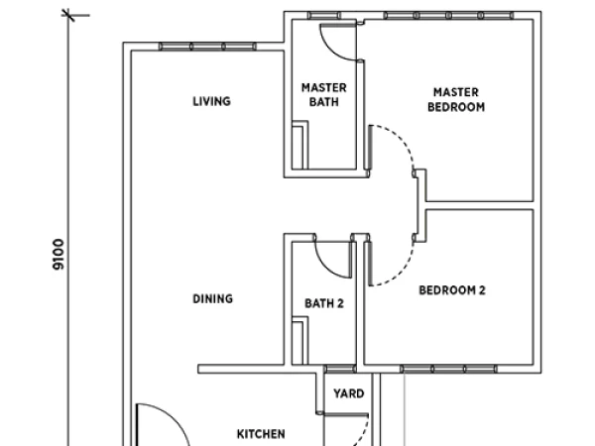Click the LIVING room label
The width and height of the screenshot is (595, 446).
coord(212,101)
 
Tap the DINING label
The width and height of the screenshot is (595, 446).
coord(213,299)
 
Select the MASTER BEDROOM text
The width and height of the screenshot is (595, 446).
coord(456,99)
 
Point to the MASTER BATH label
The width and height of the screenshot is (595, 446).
coord(324,95)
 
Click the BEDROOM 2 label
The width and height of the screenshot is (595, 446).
coord(452,290)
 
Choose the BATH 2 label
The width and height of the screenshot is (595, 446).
coord(324,303)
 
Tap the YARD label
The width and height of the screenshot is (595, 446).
coord(349,393)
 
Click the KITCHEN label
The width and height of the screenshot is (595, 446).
coord(261,434)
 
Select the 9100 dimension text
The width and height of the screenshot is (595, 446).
coord(59,254)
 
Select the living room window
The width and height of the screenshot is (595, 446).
coord(207,47)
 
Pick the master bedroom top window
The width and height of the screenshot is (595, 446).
coord(448,16)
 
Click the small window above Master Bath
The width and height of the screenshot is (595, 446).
coord(323,16)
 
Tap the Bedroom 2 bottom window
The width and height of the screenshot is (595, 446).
coord(449,369)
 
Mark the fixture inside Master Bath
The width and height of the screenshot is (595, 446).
coord(299,145)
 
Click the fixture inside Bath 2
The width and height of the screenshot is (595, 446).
coord(299,341)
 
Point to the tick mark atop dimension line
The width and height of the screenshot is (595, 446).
coord(68,15)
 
